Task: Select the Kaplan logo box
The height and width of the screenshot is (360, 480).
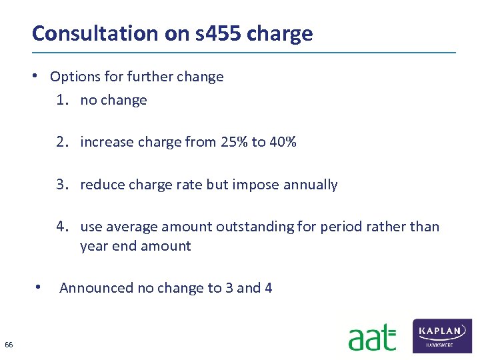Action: point(443,335)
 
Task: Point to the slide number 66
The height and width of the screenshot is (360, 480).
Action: point(9,345)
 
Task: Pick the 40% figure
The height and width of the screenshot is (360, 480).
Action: point(283,142)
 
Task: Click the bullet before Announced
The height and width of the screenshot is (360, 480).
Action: point(41,287)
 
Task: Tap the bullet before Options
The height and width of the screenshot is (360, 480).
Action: point(41,75)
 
